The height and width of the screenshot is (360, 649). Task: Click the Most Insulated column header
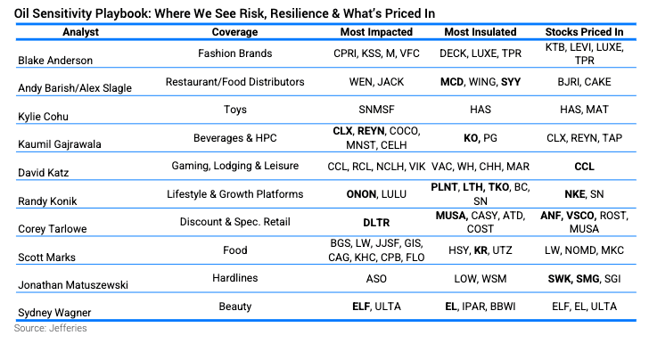[x=481, y=32]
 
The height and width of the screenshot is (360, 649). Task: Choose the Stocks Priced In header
[x=584, y=32]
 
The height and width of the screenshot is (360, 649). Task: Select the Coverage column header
[x=234, y=32]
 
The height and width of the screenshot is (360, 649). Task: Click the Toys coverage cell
[x=234, y=110]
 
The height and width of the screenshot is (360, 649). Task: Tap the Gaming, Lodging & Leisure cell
[x=234, y=166]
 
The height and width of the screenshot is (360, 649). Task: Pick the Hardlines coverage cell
[x=234, y=278]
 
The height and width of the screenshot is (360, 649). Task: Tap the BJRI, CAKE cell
[x=584, y=82]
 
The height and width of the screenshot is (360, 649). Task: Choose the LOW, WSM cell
[x=481, y=279]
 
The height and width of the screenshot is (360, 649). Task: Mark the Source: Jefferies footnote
[x=51, y=328]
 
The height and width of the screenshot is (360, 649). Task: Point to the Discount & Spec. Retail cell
[x=234, y=222]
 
